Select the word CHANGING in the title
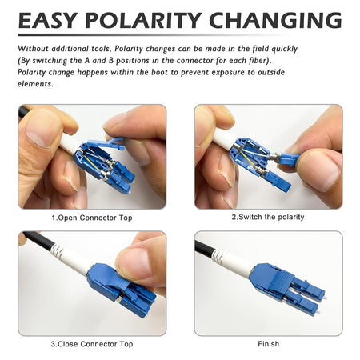click(275, 20)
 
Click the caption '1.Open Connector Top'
click(92, 218)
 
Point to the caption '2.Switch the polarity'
click(268, 217)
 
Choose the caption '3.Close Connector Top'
click(92, 344)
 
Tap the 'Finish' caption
click(269, 344)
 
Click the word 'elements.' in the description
click(35, 84)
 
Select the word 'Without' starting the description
click(33, 49)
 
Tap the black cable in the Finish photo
click(205, 249)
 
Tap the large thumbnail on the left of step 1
click(42, 128)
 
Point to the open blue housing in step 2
click(250, 156)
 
